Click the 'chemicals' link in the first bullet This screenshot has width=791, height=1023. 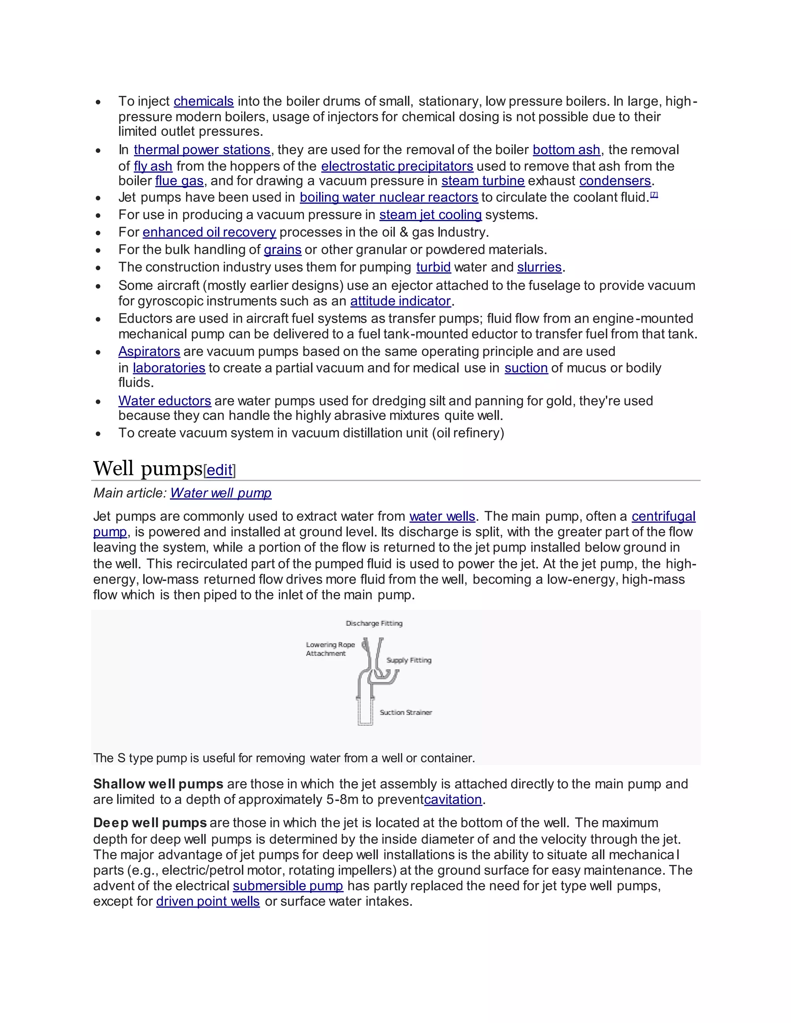coord(204,101)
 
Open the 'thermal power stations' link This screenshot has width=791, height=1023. coord(202,150)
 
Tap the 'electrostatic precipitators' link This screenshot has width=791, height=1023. coord(397,166)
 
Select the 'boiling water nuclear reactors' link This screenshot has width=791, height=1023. coord(389,197)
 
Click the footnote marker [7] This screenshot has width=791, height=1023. coord(654,195)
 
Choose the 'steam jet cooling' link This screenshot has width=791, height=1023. coord(430,215)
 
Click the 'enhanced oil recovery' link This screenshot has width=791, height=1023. coord(209,232)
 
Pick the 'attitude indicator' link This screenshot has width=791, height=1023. coord(400,301)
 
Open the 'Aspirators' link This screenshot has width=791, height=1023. coord(149,351)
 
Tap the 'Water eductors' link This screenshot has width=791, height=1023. coord(165,401)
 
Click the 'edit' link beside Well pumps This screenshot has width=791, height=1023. coord(219,470)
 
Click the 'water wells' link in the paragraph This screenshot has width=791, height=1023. coord(442,516)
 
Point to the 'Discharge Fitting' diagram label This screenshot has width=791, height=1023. coord(374,623)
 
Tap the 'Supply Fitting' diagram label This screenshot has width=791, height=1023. coord(409,660)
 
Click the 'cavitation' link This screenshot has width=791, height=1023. coord(453,799)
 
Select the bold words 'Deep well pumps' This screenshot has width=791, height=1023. coord(150,823)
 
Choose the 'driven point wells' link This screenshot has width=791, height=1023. coord(207,901)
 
